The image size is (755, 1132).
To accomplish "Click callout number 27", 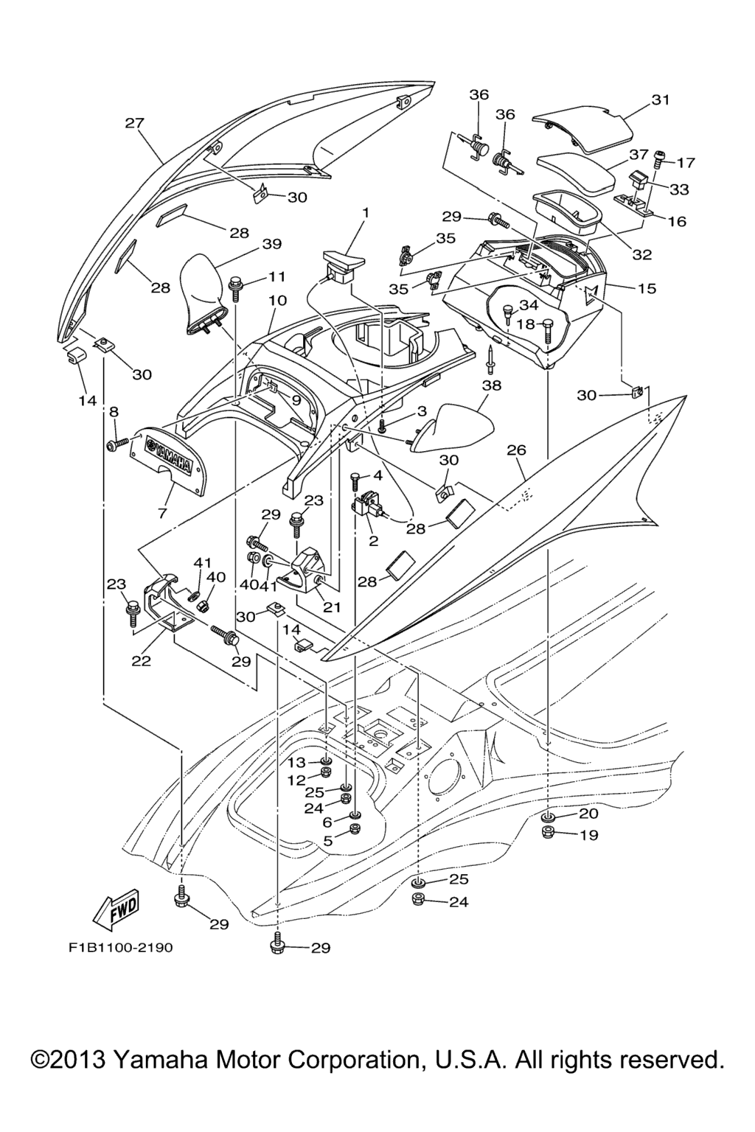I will pos(134,123).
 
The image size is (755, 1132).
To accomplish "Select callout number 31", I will pos(661,99).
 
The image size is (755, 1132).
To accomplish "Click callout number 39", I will pos(272,244).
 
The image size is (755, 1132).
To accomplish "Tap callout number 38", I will pos(492,385).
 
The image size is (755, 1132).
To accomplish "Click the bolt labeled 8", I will pos(113,444).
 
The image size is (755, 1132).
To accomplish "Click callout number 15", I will pos(647,288).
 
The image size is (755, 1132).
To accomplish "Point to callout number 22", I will pos(141,661).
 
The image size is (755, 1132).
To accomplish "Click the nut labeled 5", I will pos(352,829).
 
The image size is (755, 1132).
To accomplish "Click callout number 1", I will pos(364,213).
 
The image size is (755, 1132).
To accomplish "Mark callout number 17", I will pos(686,162).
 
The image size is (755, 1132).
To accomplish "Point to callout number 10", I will pos(277,301).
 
